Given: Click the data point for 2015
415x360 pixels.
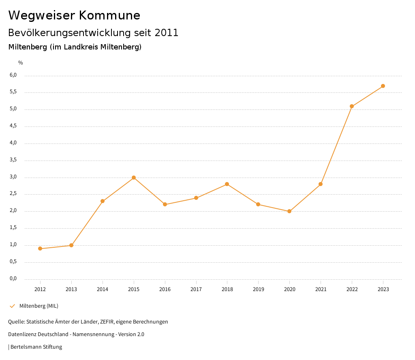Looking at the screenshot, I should [134, 178].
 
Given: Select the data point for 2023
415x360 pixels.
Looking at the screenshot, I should [383, 86].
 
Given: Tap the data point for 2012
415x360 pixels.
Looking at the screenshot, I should [40, 249].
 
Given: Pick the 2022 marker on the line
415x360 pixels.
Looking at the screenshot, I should [352, 106].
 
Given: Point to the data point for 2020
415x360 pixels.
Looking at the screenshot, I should [289, 211].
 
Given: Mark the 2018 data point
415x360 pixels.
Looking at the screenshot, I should [227, 184].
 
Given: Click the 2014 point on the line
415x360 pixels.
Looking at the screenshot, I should [103, 201].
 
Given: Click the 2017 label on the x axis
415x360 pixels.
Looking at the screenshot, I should [196, 289].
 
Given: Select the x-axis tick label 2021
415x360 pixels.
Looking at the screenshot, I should [321, 289].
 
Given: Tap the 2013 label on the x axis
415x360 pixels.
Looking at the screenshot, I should [71, 289].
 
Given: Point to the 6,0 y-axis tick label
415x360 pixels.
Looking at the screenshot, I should [13, 75].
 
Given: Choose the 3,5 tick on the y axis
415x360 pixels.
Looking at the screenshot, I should [13, 160].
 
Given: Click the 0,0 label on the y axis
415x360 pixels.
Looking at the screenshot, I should [13, 279].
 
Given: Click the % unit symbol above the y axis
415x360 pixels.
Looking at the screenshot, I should [21, 62].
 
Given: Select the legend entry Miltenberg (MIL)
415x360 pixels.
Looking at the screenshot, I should [39, 306].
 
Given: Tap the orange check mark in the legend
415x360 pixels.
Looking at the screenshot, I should [12, 306].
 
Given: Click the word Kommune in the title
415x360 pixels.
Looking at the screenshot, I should [109, 15].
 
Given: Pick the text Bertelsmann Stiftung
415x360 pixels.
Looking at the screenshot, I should [36, 347].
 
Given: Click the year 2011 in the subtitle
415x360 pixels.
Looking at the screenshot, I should [166, 33].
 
